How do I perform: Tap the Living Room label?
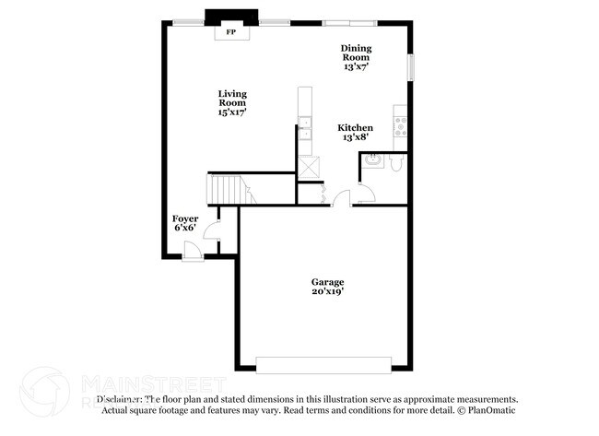click(x=232, y=95)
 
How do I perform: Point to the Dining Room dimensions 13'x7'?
click(x=356, y=66)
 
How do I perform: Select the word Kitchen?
click(x=355, y=128)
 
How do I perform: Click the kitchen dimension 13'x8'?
click(x=355, y=138)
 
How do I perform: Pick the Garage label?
click(x=327, y=282)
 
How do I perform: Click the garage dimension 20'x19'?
click(x=327, y=292)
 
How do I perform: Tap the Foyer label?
click(x=185, y=218)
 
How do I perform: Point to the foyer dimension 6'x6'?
click(x=185, y=228)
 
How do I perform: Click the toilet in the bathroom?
click(x=394, y=163)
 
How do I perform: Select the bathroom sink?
click(x=372, y=159)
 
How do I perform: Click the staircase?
click(x=229, y=191)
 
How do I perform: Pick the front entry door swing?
click(x=194, y=249)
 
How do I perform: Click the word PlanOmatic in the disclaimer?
click(x=491, y=410)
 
